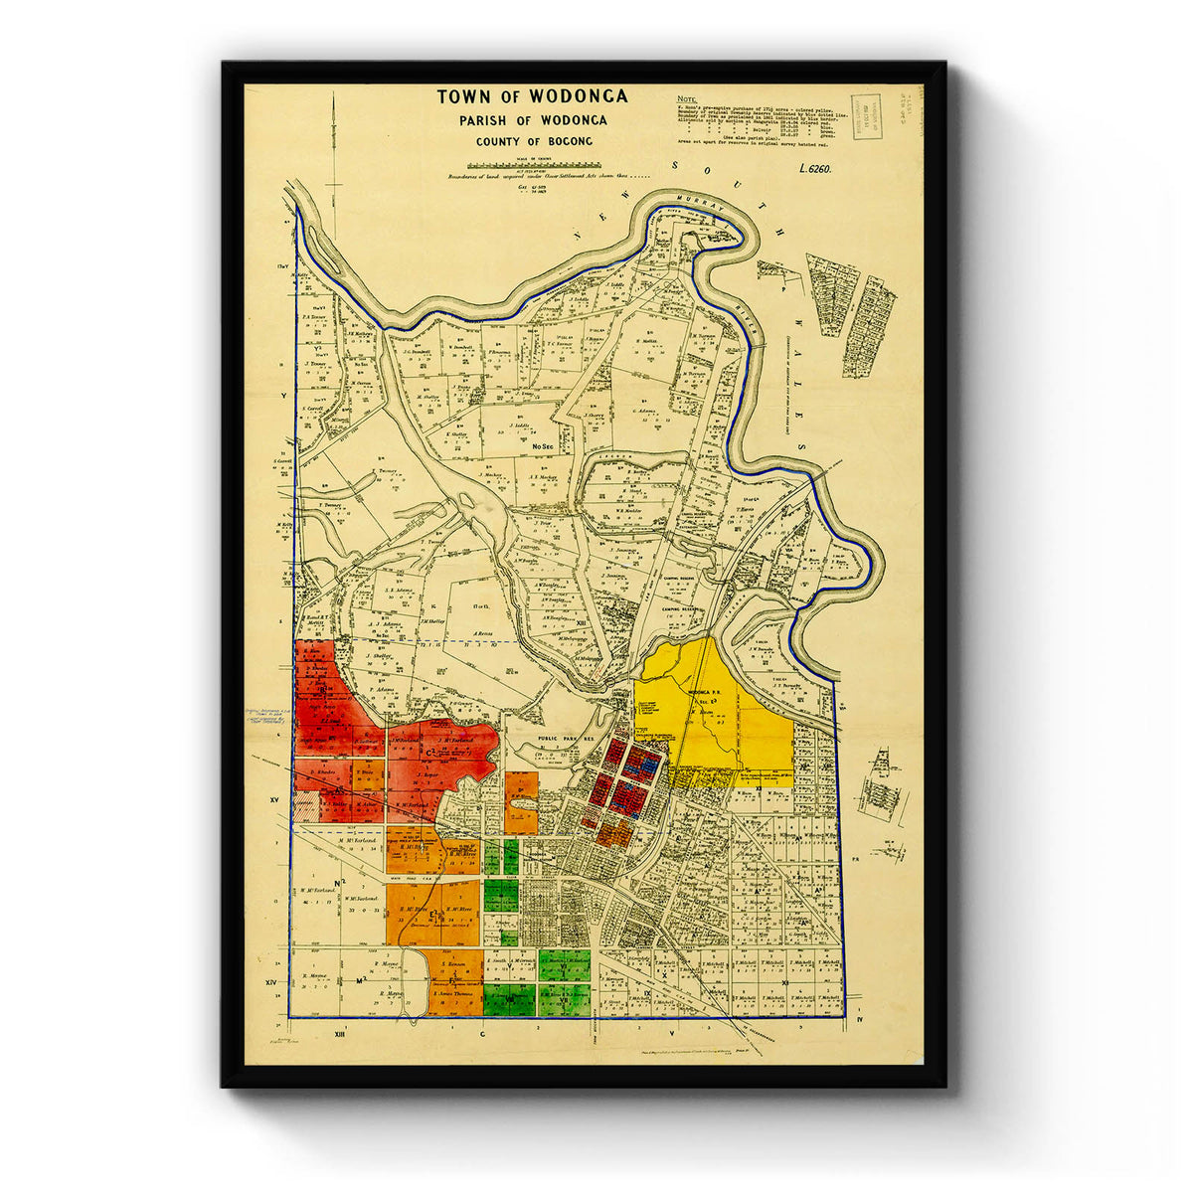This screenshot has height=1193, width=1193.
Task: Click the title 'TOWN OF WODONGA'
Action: tap(532, 96)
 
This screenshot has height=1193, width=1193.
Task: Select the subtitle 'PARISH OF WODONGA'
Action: tap(532, 120)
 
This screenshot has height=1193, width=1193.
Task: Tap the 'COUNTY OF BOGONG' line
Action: tap(533, 141)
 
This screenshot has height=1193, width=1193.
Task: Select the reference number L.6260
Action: tap(814, 168)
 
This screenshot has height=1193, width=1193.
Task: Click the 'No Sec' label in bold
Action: tap(542, 446)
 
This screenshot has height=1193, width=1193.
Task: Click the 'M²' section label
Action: tap(361, 981)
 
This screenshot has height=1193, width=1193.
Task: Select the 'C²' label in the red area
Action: tap(431, 753)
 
